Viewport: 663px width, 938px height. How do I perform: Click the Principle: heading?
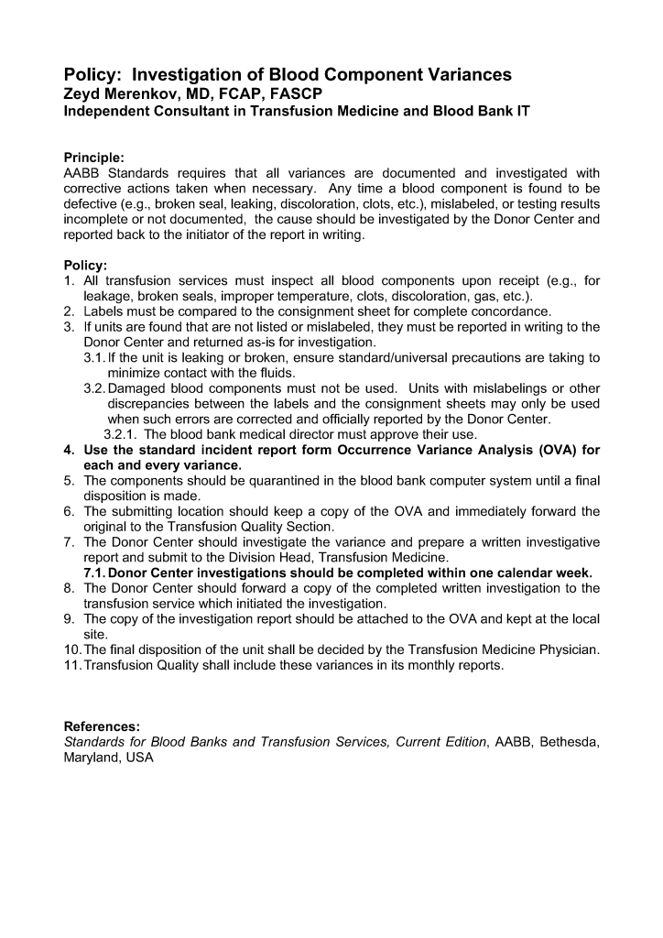(94, 158)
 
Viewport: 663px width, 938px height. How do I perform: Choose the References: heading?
(102, 725)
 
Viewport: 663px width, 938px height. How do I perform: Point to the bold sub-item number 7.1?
(94, 573)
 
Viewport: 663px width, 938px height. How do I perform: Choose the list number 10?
(72, 649)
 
